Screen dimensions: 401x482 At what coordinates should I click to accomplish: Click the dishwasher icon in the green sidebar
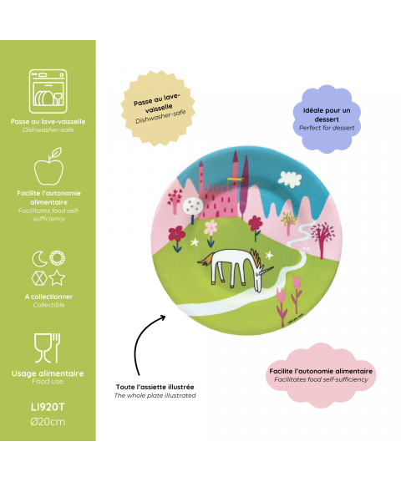[48, 91]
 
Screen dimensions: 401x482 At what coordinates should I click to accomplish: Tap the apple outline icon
[48, 166]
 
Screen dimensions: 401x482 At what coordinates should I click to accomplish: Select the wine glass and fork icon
[47, 348]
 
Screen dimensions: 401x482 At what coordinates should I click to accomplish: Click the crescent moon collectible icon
[39, 258]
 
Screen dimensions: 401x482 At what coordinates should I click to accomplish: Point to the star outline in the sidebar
[57, 278]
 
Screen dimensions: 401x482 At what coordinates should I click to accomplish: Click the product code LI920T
[48, 407]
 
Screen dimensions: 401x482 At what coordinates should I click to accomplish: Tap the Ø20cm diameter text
[48, 422]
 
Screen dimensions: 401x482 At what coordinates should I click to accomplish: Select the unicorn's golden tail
[206, 258]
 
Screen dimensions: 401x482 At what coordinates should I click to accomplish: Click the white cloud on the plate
[290, 178]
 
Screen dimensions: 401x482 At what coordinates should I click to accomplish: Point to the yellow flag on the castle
[235, 179]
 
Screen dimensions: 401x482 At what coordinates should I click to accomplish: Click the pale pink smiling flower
[211, 227]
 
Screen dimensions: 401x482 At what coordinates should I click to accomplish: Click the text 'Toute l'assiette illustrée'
[155, 387]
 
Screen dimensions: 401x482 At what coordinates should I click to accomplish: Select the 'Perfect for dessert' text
[327, 128]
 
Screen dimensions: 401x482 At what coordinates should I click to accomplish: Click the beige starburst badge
[158, 108]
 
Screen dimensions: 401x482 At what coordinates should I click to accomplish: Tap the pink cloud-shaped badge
[321, 375]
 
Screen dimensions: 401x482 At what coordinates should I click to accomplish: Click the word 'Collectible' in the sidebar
[49, 305]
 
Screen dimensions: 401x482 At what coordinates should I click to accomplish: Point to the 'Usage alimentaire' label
[48, 373]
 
